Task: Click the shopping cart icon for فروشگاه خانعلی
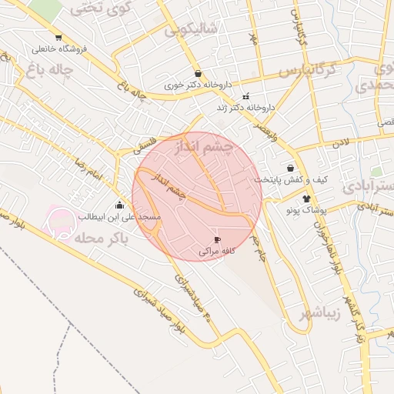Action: (x=58, y=38)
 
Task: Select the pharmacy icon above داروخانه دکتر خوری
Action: (x=199, y=74)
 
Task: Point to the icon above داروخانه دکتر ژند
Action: (x=246, y=97)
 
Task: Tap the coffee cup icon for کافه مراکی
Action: (x=216, y=240)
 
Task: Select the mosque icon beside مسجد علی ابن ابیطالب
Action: (x=119, y=205)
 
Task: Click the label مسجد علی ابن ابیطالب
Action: (x=119, y=218)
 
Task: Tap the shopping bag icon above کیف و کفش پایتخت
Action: (x=290, y=167)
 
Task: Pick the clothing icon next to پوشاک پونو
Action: (x=317, y=199)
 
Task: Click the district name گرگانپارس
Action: (x=308, y=71)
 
